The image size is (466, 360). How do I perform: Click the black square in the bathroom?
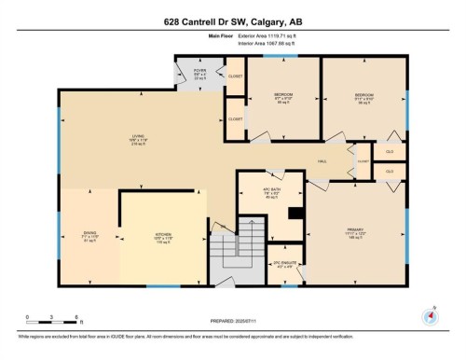coord(295,212)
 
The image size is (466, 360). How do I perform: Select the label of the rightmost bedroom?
coord(363,96)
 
